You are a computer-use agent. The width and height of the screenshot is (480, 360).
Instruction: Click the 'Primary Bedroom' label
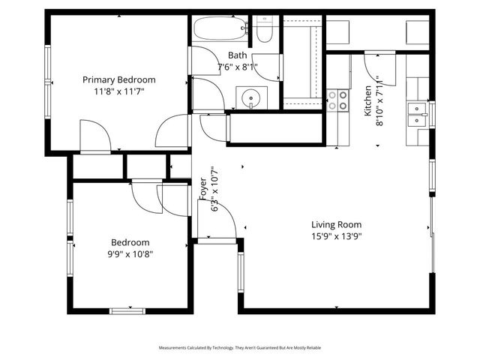coord(118,79)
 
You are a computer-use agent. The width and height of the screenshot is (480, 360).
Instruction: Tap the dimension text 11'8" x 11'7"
coord(118,91)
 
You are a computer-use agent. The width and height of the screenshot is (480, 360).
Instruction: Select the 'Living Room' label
coord(337,224)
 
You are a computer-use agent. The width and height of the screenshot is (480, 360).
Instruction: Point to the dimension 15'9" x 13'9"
coord(337,236)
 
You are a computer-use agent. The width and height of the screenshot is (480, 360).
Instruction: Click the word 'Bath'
coord(237,55)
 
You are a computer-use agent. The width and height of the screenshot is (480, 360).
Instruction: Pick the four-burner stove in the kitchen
coord(338,100)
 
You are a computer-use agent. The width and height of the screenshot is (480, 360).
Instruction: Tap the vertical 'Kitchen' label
coord(368,100)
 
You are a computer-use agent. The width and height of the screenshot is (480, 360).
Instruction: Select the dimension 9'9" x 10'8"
coord(130,254)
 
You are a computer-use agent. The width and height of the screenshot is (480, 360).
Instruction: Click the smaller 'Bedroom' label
coord(130,242)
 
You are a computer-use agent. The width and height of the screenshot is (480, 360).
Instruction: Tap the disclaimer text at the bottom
coord(239,348)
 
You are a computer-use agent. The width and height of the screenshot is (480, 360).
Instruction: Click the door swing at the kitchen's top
coord(374,63)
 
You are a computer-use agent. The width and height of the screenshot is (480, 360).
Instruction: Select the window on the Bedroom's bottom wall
coord(128,310)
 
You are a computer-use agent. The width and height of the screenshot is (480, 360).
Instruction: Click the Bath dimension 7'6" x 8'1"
coord(237,67)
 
